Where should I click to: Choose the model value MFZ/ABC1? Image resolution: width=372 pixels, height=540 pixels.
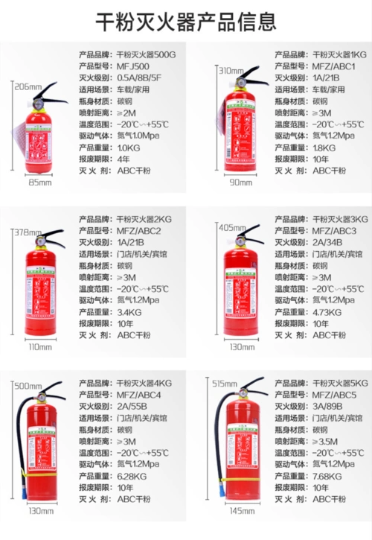335,66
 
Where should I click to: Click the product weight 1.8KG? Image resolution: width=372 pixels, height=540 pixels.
324,147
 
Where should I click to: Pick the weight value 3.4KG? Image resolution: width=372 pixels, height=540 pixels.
129,312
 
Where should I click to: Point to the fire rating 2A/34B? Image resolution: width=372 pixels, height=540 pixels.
329,243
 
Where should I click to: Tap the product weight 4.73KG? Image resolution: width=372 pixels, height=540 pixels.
328,312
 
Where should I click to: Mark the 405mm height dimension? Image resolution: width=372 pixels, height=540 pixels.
231,227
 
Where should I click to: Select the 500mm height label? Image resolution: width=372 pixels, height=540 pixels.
28,385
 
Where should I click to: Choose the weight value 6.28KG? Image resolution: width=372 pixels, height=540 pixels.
132,476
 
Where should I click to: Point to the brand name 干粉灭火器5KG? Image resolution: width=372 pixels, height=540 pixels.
340,383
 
